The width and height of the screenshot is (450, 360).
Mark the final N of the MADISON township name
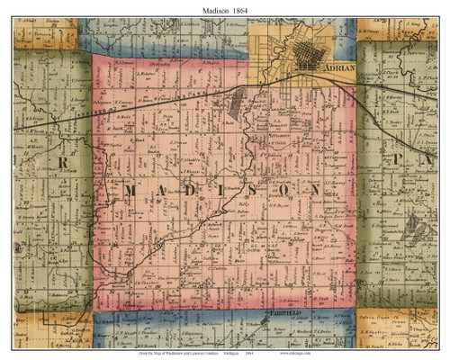[316, 192]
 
